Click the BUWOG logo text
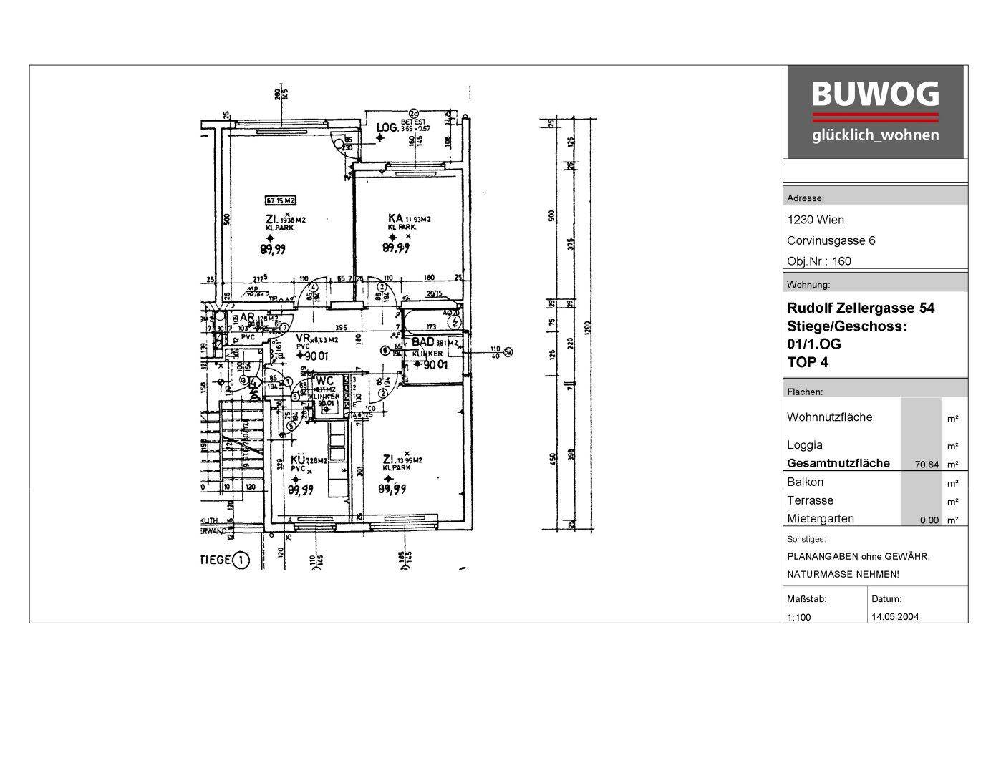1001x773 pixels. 874,94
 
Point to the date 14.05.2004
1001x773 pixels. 895,616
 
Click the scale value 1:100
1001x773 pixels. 799,617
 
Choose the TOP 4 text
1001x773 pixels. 808,362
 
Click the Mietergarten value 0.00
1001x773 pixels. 929,520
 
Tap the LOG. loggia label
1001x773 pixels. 387,127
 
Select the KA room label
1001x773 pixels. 395,218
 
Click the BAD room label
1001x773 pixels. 422,341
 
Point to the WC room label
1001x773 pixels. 324,380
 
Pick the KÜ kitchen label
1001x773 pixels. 298,460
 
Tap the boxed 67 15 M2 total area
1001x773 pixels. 281,200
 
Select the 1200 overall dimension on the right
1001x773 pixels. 587,327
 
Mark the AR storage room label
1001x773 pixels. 246,317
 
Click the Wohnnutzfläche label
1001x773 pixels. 829,417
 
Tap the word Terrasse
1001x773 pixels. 810,500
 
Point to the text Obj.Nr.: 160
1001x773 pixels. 819,261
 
